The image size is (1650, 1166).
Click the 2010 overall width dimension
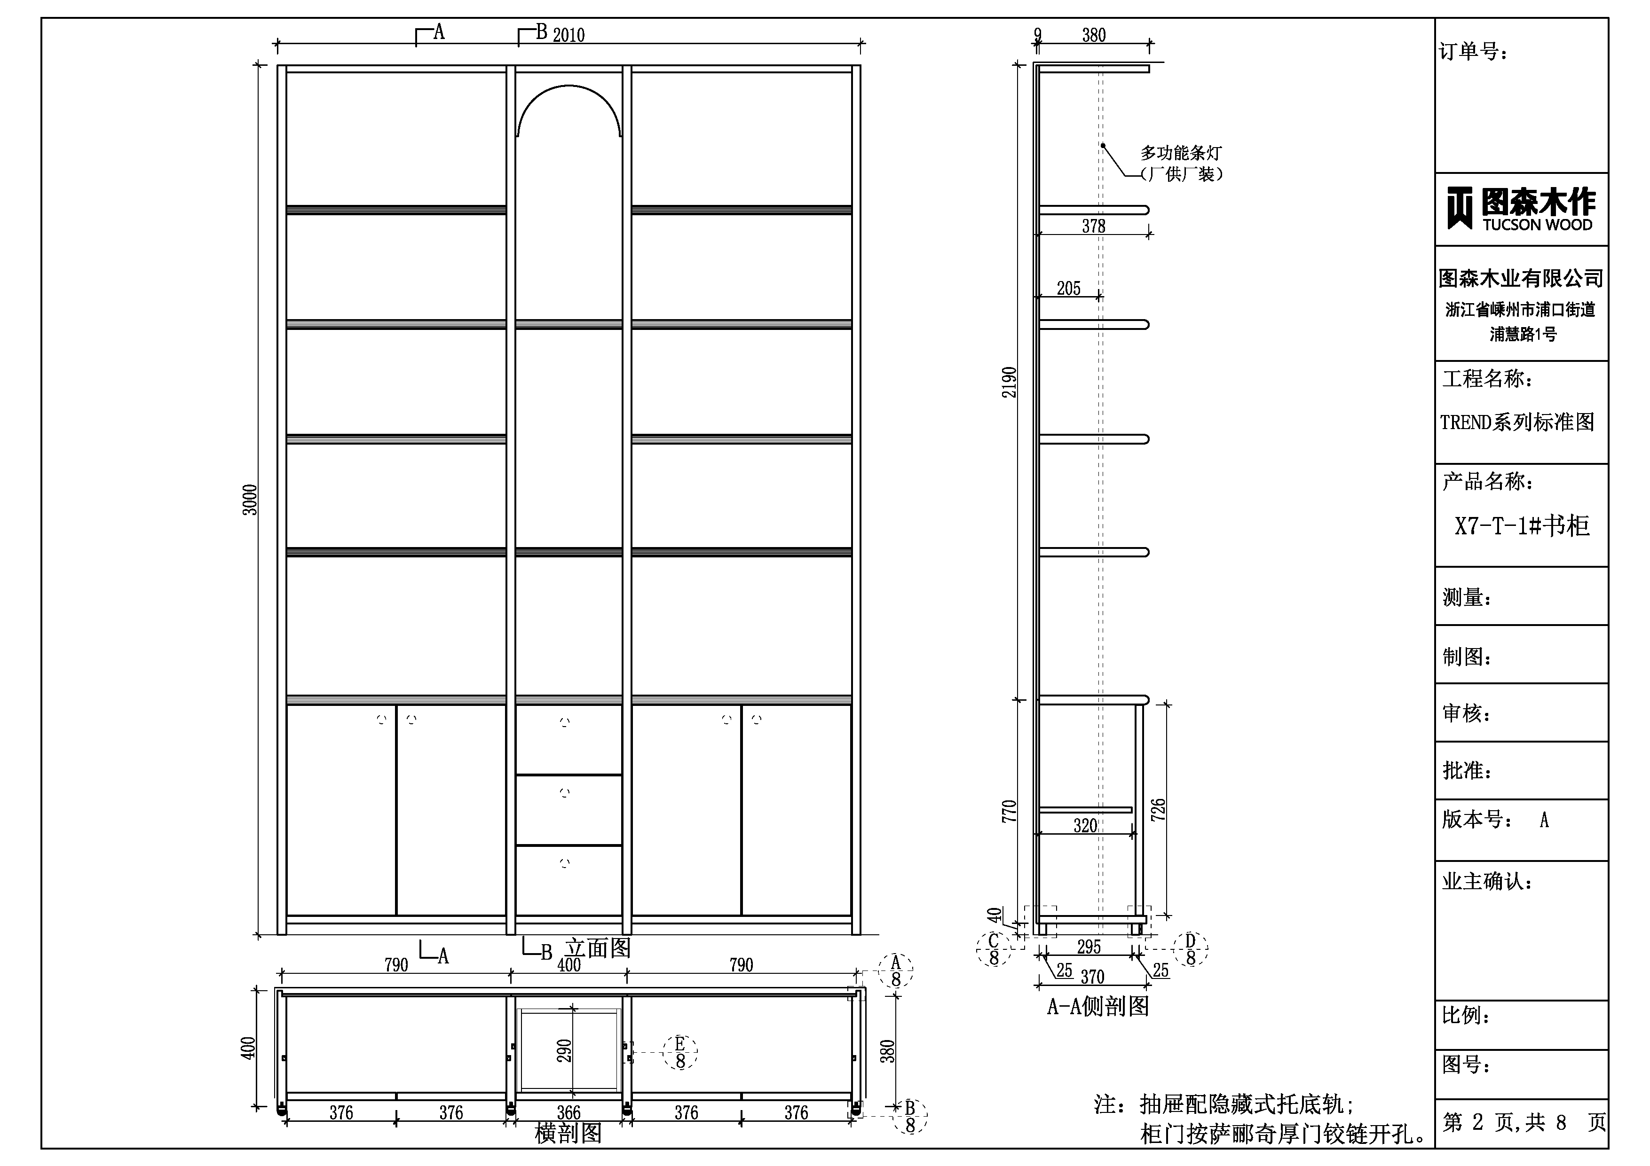(x=568, y=34)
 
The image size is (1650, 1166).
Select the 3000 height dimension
(x=249, y=500)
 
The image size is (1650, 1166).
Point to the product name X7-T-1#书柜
(x=1522, y=526)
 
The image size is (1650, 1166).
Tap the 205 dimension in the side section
(x=1069, y=288)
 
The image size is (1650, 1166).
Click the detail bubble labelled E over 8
(x=680, y=1052)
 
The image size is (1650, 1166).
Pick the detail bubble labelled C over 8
(x=994, y=949)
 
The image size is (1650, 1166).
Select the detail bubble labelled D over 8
(x=1190, y=948)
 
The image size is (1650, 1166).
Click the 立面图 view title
(x=598, y=948)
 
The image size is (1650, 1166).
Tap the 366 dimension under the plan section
(x=568, y=1113)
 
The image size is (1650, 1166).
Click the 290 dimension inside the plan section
(x=564, y=1050)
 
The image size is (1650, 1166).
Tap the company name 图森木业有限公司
(x=1521, y=278)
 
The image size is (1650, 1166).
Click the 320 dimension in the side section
(x=1085, y=825)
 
